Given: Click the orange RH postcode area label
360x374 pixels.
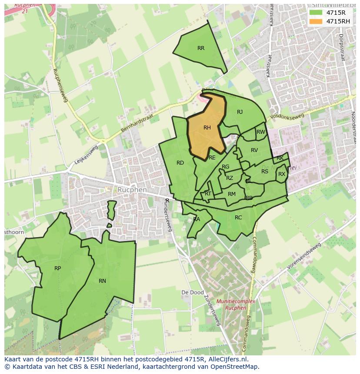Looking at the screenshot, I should click(x=207, y=128).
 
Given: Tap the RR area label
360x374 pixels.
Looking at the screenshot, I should click(x=201, y=48).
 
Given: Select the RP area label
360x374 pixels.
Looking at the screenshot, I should click(x=57, y=268).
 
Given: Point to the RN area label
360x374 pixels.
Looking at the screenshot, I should click(x=102, y=281).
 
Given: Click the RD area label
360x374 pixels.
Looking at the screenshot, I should click(x=180, y=163).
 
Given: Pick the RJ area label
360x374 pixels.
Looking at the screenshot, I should click(x=240, y=112).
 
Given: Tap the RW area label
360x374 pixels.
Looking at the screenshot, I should click(x=260, y=132).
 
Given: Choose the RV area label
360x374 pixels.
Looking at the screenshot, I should click(x=254, y=150).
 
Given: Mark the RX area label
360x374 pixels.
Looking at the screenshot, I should click(x=282, y=174).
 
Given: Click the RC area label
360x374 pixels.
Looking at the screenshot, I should click(x=238, y=218).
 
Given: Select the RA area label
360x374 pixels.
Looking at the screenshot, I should click(x=197, y=219).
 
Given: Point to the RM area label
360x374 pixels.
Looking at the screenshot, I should click(x=232, y=194).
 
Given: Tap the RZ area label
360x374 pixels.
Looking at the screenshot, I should click(x=230, y=178).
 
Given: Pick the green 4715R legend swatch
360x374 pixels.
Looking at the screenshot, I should click(x=316, y=13).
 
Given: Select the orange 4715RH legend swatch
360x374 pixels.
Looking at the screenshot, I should click(x=316, y=21).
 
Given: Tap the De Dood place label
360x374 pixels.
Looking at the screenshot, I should click(x=192, y=293).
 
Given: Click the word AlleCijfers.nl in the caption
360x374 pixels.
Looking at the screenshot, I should click(x=226, y=360).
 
